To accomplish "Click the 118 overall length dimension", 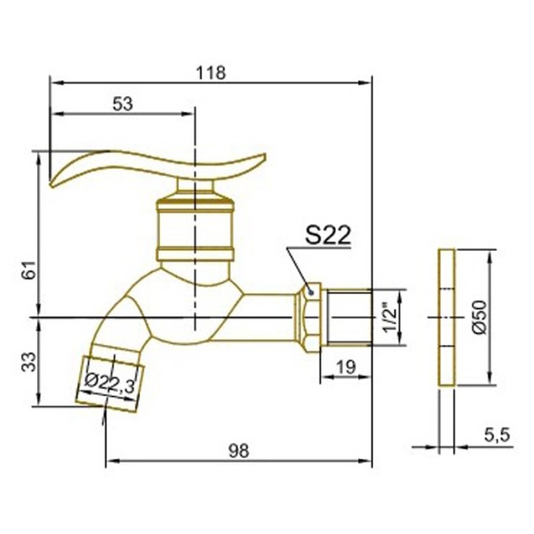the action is click(211, 72).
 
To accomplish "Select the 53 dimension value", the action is click(123, 104).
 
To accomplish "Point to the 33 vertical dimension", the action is click(30, 362).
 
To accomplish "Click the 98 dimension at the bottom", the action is click(239, 452).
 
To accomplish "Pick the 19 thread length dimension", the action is click(346, 367).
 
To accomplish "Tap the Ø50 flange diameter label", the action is click(481, 317).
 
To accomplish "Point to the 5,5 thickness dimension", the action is click(497, 435).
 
